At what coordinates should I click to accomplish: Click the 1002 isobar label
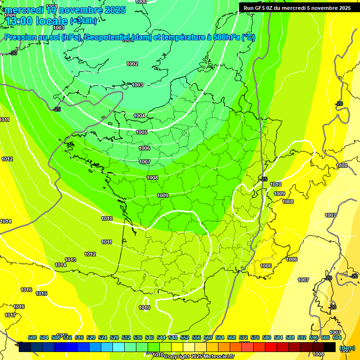pos(132,64)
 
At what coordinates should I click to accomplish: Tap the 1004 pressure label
pos(139,116)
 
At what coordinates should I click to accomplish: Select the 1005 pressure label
pos(142,132)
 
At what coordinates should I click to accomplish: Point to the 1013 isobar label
pos(70,260)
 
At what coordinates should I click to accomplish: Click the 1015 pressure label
pos(41,294)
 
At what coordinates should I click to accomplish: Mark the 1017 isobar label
pos(10,315)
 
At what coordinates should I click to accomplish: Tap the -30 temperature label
pos(13,53)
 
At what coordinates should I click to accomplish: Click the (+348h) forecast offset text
pos(83,21)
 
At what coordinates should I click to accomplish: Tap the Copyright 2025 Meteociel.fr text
pos(199,356)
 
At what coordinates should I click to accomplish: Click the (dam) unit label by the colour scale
pos(346,348)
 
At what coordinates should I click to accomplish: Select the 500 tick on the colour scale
pos(32,337)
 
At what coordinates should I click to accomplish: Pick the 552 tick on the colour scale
pos(185,337)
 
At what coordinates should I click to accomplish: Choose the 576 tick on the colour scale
pos(255,337)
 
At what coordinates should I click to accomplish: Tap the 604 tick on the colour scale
pos(337,337)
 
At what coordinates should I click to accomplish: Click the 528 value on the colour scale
pos(114,337)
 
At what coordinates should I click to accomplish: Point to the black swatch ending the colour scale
pos(330,347)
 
